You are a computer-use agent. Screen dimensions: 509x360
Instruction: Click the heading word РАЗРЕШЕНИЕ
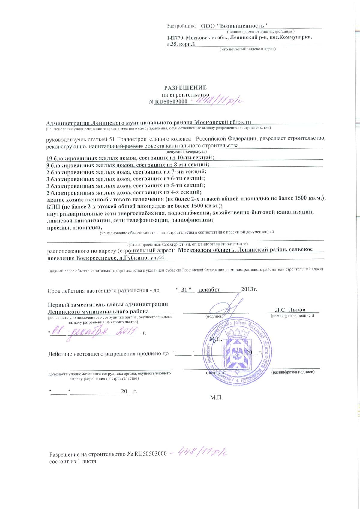185,88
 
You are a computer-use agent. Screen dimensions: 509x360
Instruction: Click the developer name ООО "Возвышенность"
234,26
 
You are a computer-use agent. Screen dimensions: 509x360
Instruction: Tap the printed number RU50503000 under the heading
171,102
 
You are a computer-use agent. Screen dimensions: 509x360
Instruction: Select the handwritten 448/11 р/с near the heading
219,101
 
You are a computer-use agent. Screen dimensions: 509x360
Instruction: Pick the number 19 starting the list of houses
49,158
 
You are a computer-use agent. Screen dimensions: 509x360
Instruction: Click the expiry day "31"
184,290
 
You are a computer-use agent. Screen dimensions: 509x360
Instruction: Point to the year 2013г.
249,290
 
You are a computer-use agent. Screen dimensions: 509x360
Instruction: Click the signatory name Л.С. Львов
290,310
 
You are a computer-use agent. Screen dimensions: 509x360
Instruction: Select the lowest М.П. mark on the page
216,398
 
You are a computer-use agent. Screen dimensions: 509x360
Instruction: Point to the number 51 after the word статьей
112,139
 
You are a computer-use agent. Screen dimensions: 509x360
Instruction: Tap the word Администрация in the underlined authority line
67,123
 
